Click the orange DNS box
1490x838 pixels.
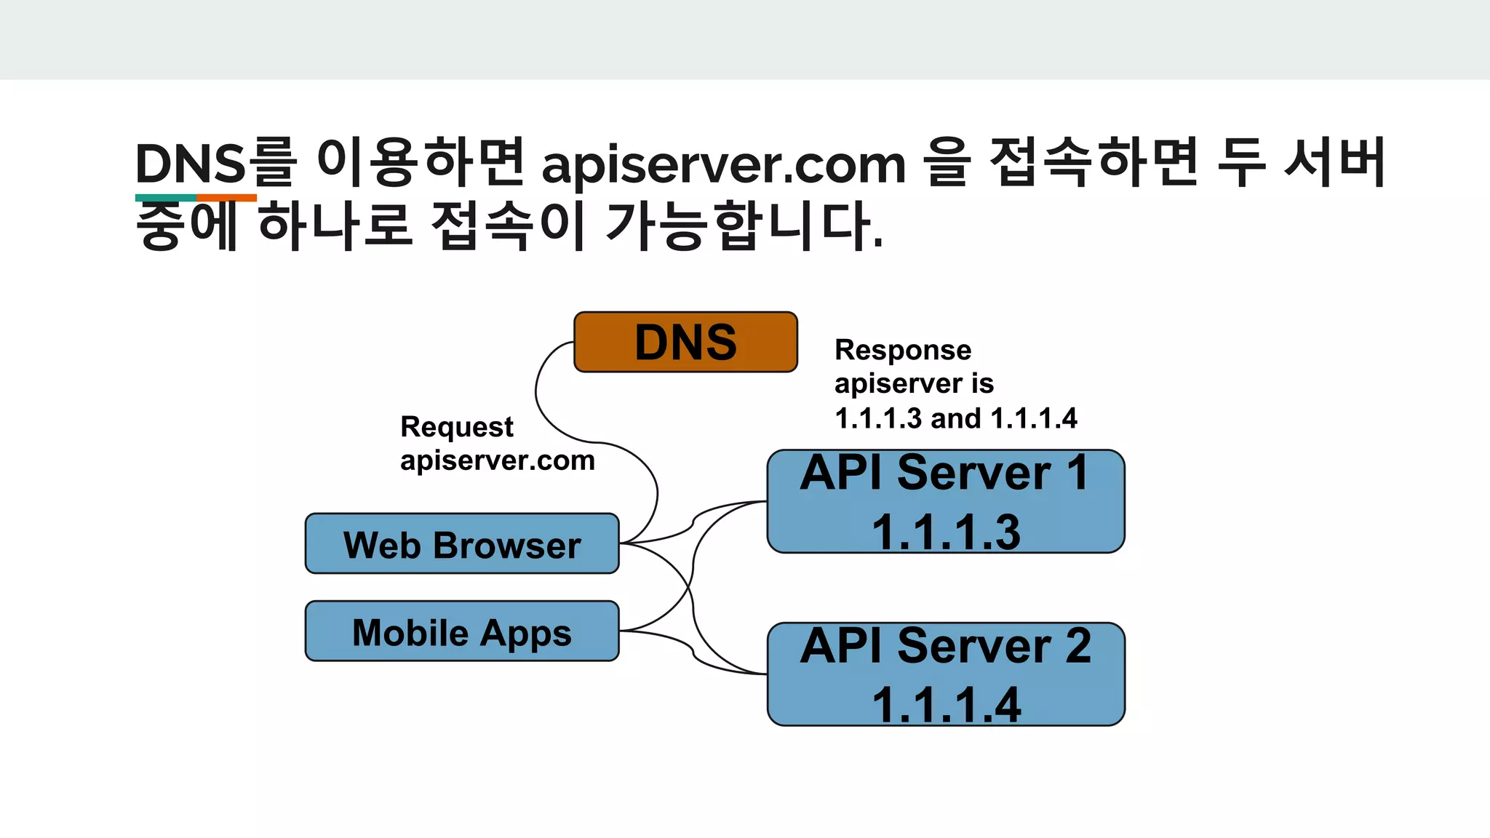pos(685,342)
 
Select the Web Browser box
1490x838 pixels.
pos(462,544)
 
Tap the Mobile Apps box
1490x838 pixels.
pos(462,631)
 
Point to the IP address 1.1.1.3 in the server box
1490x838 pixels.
pos(946,532)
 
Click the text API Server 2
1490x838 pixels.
pos(945,646)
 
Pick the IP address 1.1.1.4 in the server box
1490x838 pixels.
pos(946,704)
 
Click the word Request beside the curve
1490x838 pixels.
pos(457,427)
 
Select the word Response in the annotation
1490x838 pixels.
pos(903,350)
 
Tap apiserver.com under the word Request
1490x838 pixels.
pos(498,460)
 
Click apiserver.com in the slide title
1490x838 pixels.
pos(724,164)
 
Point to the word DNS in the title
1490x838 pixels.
pos(191,164)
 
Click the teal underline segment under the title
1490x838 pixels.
pos(165,198)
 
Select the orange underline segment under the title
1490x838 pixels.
pos(226,198)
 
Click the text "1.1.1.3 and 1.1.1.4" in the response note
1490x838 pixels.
pos(956,418)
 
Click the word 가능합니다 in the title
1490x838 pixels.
pos(744,226)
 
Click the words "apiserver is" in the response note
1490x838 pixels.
pos(914,384)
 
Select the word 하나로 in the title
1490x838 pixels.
pos(335,226)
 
